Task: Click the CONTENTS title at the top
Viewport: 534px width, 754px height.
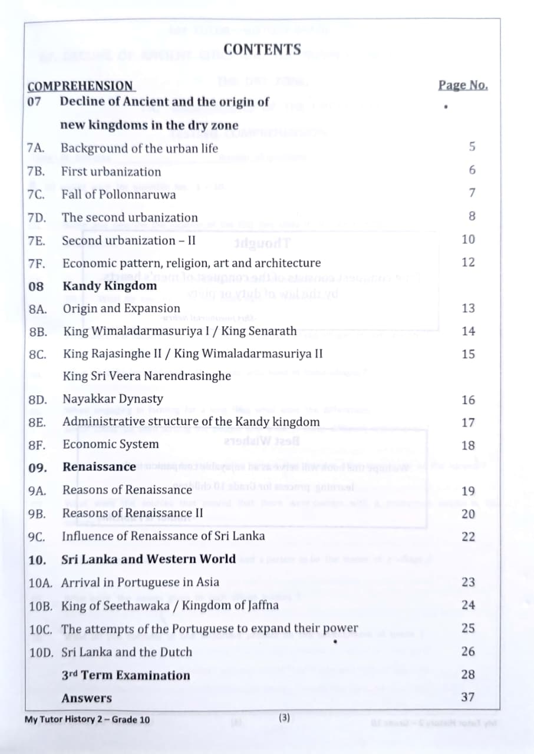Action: pos(262,50)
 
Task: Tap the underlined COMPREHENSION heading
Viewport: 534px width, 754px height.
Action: pos(81,86)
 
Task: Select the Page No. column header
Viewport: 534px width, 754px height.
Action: pos(463,85)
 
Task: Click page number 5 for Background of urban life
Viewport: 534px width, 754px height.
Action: pos(472,147)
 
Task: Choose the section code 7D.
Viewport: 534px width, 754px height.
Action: pos(37,217)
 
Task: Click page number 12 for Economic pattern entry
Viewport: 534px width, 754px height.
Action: pos(468,262)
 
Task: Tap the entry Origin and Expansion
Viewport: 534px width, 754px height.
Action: pos(121,308)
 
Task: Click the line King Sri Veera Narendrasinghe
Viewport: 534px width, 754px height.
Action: pos(147,376)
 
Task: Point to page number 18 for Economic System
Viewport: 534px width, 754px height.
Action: pos(468,445)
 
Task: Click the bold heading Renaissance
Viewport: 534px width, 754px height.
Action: pos(99,467)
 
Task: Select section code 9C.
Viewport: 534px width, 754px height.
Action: pos(37,536)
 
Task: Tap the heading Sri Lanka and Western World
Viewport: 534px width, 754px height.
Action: pos(148,559)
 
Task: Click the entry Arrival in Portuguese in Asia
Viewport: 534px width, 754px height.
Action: pos(140,582)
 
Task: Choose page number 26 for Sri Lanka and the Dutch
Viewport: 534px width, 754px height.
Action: pos(468,652)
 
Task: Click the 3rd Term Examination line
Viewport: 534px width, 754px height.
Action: pos(126,675)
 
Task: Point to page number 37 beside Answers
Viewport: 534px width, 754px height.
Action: pos(468,697)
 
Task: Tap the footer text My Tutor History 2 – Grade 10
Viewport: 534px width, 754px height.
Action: pos(87,719)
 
